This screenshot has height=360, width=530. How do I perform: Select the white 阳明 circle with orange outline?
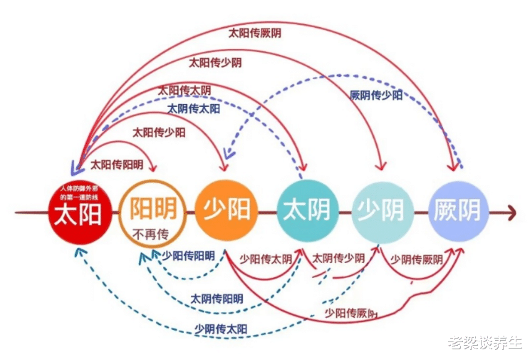click(x=152, y=211)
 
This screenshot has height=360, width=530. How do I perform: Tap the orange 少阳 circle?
click(x=227, y=210)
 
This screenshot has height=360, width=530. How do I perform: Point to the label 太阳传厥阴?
click(x=254, y=33)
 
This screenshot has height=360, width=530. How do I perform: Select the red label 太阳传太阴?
click(x=184, y=91)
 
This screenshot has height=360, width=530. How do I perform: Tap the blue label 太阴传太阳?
click(x=194, y=109)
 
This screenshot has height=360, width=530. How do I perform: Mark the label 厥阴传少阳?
click(x=376, y=95)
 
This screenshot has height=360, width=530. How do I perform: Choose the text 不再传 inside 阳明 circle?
click(x=152, y=232)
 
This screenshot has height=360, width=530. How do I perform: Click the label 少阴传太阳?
click(x=221, y=329)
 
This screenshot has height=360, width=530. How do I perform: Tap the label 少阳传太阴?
click(x=266, y=259)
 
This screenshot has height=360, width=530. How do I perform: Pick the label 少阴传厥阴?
click(x=417, y=259)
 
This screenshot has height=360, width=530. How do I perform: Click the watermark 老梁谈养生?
click(x=484, y=344)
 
